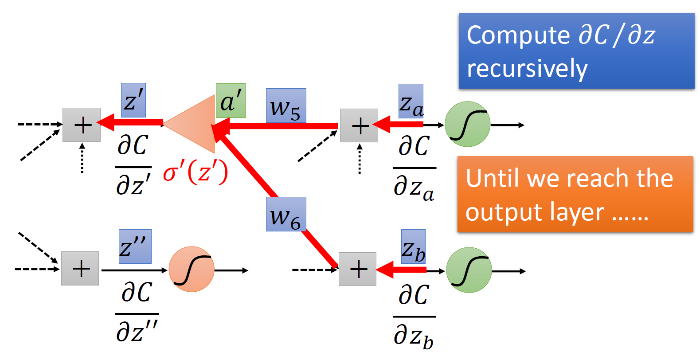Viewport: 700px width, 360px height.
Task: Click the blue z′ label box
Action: point(133,100)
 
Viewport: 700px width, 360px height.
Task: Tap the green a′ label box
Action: point(231,101)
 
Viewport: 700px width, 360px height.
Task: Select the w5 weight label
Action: point(286,106)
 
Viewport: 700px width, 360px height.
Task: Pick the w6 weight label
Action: point(286,214)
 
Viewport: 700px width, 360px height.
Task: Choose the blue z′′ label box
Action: point(135,246)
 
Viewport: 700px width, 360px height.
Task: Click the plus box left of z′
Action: point(82,125)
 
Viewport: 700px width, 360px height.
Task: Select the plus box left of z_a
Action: point(359,125)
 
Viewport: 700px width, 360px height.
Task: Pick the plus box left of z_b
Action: point(358,269)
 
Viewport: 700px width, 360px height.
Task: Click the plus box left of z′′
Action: point(80,269)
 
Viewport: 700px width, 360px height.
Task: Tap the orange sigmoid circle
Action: point(192,269)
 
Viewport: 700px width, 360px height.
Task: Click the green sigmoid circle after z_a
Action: point(468,124)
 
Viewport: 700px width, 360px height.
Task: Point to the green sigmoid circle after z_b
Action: point(469,270)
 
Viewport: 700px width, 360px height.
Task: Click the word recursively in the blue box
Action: point(527,69)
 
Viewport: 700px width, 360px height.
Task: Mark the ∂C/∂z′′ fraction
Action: point(137,313)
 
